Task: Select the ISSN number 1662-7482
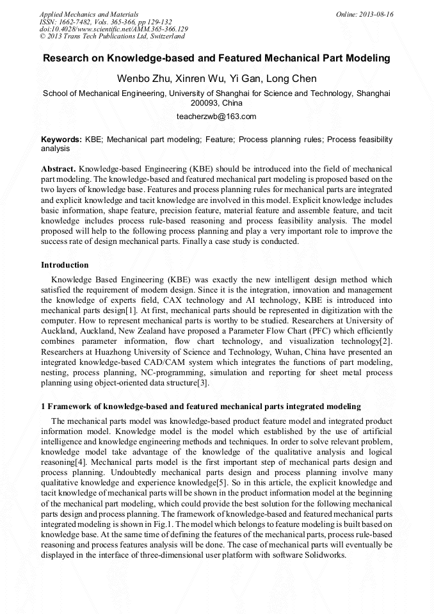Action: (x=74, y=22)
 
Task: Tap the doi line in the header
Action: (x=114, y=29)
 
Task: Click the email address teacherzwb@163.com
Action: (x=216, y=117)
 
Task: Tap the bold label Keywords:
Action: (x=61, y=140)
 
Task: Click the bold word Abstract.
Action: (x=58, y=166)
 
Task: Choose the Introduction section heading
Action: (x=65, y=265)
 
